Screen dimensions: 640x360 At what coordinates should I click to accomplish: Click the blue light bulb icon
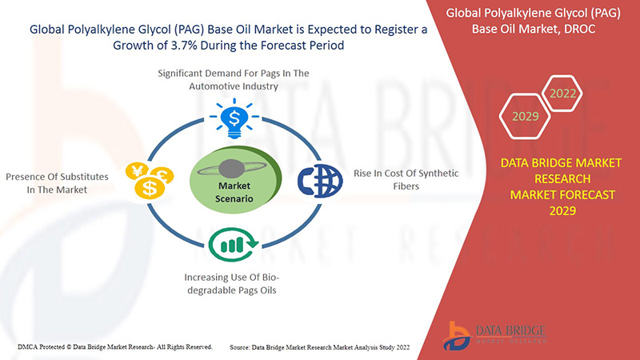[x=234, y=118]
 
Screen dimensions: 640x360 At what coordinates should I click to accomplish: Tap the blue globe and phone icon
[x=320, y=181]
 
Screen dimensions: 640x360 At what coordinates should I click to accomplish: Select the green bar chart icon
[x=234, y=245]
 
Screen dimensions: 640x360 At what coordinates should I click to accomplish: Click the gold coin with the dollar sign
[x=150, y=188]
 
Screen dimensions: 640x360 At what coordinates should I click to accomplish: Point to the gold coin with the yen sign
[x=137, y=170]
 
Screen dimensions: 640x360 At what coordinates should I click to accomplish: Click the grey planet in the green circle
[x=232, y=168]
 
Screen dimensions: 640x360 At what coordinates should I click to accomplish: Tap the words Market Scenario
[x=234, y=192]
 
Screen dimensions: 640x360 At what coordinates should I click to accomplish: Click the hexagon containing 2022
[x=562, y=94]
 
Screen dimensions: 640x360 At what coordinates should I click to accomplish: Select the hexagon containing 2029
[x=526, y=116]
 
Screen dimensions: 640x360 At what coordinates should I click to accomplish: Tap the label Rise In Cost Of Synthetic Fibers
[x=406, y=179]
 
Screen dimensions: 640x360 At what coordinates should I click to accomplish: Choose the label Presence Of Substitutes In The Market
[x=57, y=183]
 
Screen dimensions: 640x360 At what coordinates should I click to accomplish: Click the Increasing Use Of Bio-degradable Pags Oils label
[x=232, y=284]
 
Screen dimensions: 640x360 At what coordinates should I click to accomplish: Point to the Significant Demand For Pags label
[x=234, y=79]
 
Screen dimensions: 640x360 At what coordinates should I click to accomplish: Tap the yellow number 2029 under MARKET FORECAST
[x=562, y=210]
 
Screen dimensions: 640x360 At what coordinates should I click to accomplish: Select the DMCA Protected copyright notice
[x=115, y=347]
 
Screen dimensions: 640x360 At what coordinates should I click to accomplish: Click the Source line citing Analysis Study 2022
[x=319, y=347]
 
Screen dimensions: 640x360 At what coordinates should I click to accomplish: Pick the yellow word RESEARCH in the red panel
[x=562, y=178]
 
